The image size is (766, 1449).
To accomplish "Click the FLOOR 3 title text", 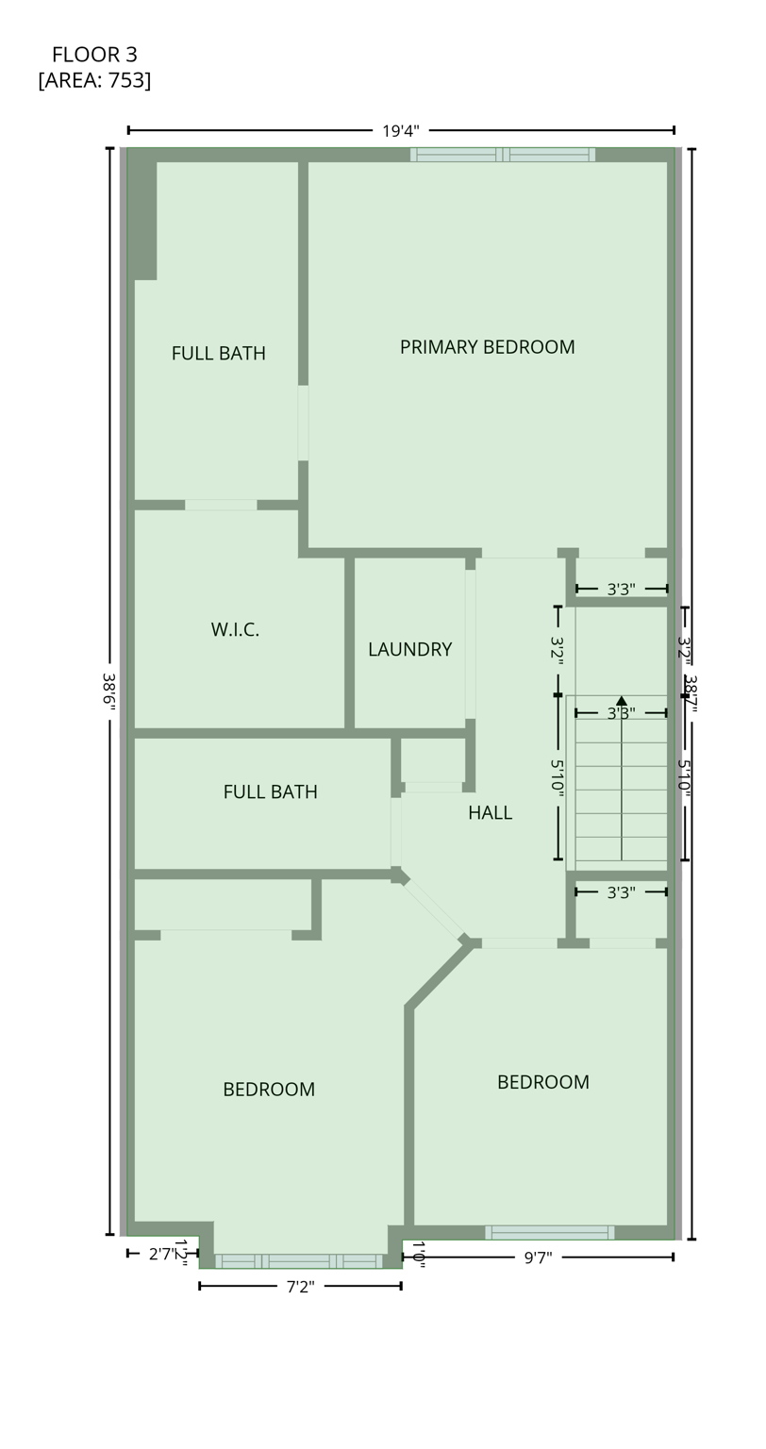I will point(94,55).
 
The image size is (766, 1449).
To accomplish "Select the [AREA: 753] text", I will point(94,80).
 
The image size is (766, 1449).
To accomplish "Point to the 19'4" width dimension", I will point(400,131).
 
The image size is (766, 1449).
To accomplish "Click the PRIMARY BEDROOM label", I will point(487,347).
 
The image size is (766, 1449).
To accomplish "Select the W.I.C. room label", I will point(235,630).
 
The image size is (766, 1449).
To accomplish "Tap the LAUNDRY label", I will point(409,650).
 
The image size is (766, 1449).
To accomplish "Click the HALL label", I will point(490,813).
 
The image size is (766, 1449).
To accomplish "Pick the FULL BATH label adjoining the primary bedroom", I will point(218,354).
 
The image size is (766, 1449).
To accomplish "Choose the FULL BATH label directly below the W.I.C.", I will point(270,792).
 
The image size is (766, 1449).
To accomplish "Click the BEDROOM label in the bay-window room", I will point(269,1090).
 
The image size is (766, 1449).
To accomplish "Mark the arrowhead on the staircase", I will point(621,701).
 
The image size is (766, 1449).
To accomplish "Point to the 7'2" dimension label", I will point(300,1287).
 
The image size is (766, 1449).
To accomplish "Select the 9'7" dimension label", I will point(538,1257).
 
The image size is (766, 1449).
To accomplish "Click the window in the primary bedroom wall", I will point(502,155).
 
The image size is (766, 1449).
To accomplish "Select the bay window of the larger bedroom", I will point(299,1261).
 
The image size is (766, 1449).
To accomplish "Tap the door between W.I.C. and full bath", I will point(221,505).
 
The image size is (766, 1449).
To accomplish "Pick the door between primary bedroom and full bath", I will point(303,423).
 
